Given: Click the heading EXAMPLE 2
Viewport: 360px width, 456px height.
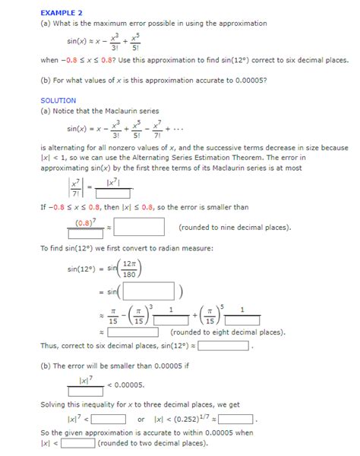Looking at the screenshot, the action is click(x=62, y=13).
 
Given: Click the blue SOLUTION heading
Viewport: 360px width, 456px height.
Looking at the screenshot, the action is click(x=58, y=100).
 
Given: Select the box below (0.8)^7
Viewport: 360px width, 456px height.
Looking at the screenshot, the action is click(x=85, y=234).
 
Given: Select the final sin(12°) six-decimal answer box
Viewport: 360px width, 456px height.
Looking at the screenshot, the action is click(x=223, y=346).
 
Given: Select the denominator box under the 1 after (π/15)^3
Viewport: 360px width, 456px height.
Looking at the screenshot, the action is click(x=171, y=320).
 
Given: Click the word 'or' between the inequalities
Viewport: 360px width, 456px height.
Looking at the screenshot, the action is click(x=141, y=419).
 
